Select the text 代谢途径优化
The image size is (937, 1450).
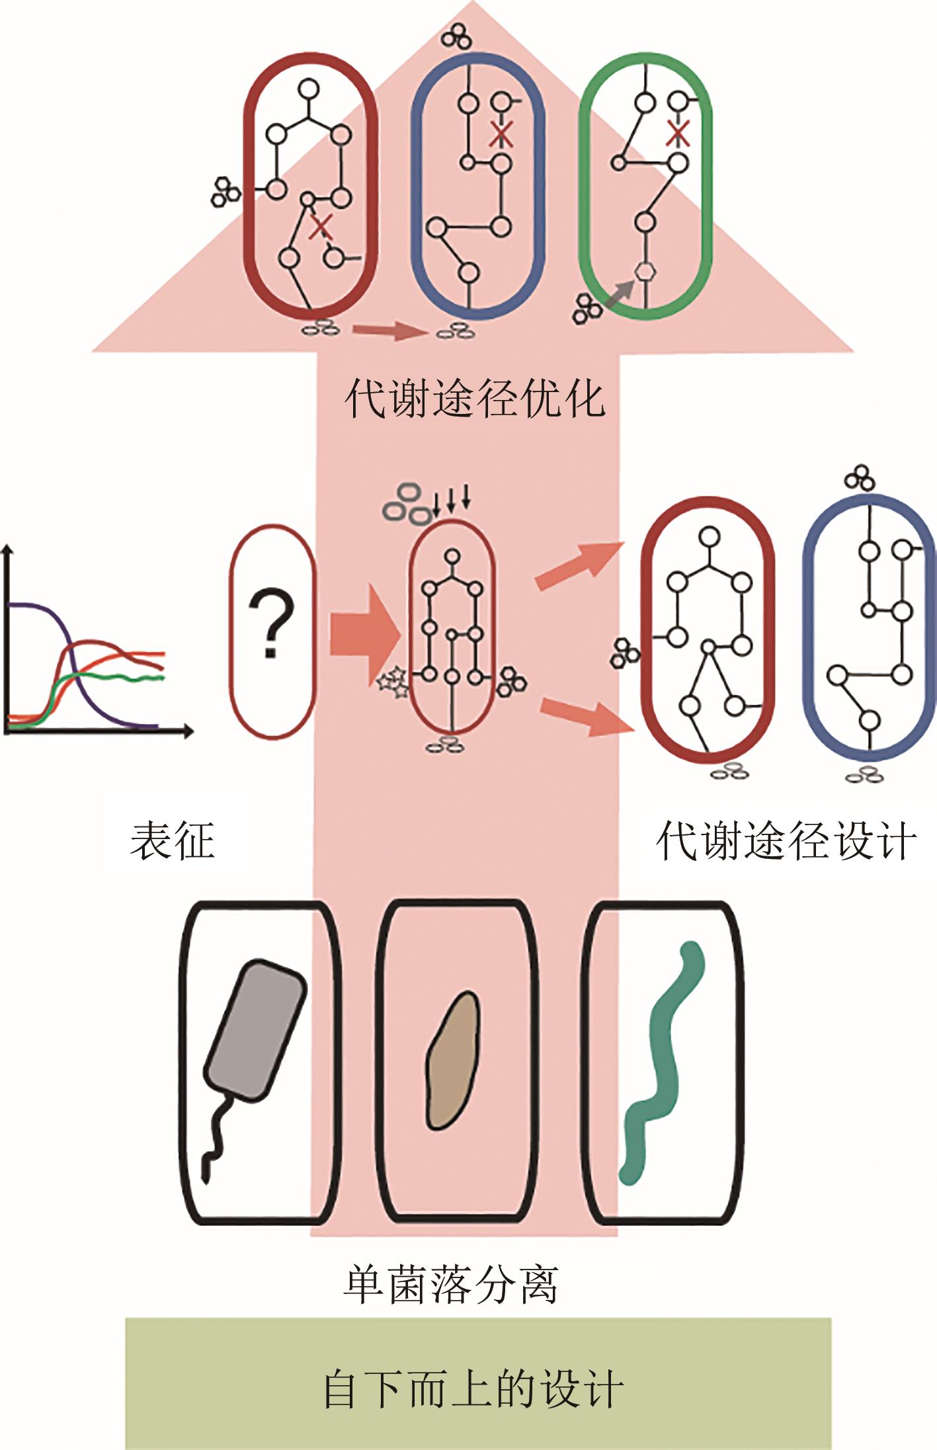[475, 399]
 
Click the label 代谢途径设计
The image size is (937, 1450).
[786, 841]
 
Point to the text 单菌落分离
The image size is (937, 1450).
[450, 1284]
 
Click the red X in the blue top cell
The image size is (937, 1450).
[502, 134]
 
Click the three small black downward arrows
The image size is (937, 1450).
[452, 500]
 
